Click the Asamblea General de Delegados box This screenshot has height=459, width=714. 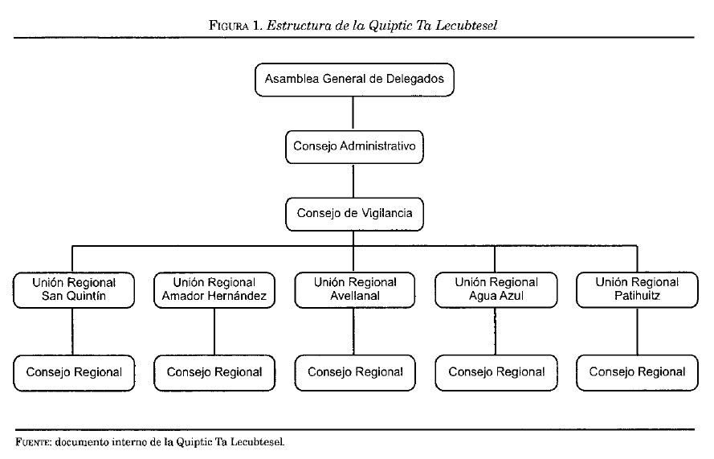tap(354, 80)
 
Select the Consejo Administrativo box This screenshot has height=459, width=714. tap(354, 146)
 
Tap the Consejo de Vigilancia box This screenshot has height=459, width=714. tap(354, 213)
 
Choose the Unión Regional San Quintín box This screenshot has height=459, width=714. tap(74, 289)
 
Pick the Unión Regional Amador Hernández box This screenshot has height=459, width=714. tap(214, 289)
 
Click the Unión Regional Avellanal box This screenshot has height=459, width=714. tap(354, 289)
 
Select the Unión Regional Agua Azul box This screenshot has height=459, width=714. tap(496, 289)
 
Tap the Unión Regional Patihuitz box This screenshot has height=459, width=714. tap(637, 289)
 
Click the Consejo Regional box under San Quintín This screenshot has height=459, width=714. tap(74, 372)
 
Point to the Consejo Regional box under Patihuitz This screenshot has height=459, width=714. tap(637, 372)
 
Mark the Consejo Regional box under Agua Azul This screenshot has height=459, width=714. tap(496, 372)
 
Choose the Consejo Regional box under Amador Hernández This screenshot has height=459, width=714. tap(214, 372)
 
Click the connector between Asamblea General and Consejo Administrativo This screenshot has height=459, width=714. tap(354, 113)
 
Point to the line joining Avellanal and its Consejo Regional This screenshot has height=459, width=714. tap(354, 330)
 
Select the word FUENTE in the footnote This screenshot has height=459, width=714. tap(33, 442)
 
